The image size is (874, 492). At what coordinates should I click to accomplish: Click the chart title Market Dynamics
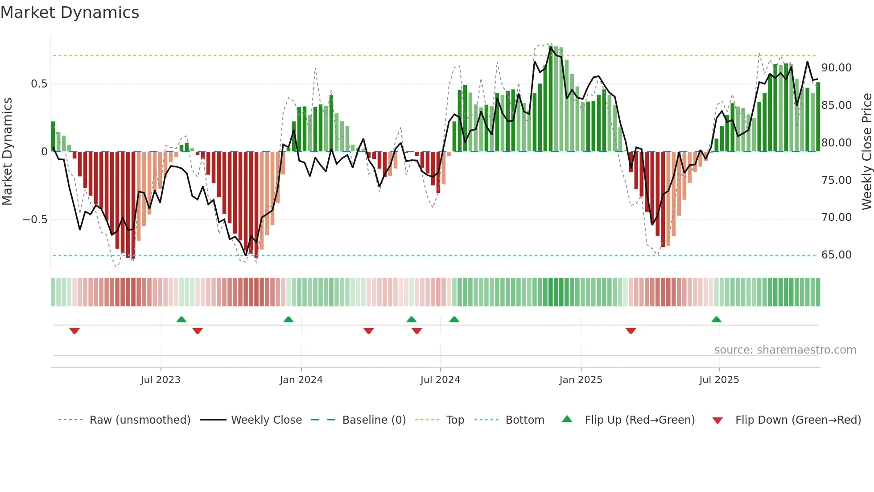(70, 13)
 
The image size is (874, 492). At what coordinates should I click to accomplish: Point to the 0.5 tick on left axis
(39, 84)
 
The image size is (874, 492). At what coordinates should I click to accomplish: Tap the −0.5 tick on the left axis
(35, 220)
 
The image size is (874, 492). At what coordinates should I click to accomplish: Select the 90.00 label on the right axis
(836, 68)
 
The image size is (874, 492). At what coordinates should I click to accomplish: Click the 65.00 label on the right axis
(836, 255)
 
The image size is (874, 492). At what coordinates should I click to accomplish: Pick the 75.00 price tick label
(836, 180)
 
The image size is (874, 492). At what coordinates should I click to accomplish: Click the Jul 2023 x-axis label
(161, 380)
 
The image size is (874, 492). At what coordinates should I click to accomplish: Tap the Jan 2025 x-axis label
(581, 380)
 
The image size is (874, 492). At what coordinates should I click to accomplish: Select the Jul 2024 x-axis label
(440, 380)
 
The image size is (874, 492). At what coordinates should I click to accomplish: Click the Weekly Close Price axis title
(866, 152)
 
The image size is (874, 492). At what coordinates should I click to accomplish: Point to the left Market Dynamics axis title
(7, 152)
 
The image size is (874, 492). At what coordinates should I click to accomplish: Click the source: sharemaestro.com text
(785, 350)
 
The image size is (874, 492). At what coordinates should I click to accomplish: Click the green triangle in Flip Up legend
(567, 419)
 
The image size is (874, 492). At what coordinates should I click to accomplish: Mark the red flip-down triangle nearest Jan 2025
(631, 331)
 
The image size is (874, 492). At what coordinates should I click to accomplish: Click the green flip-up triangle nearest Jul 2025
(716, 319)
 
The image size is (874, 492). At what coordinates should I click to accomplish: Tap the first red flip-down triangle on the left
(74, 331)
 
